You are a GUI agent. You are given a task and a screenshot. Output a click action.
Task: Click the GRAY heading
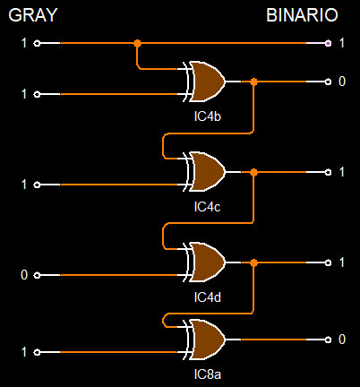click(x=33, y=15)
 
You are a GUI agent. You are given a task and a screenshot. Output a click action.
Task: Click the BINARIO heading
click(x=302, y=15)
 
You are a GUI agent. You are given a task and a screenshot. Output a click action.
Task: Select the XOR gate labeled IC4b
click(x=204, y=82)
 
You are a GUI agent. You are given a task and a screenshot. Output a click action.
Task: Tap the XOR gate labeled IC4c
click(x=204, y=172)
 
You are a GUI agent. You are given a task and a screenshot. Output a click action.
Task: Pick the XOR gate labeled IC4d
click(x=204, y=262)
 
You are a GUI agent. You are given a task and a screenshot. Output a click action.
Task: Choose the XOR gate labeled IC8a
click(x=204, y=340)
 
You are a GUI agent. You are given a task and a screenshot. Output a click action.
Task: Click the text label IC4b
click(x=208, y=116)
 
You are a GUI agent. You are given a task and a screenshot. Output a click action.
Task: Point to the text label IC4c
click(x=207, y=207)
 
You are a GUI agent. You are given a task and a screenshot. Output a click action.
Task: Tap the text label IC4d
click(x=208, y=297)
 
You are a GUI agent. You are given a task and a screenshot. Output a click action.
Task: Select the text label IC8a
click(x=208, y=374)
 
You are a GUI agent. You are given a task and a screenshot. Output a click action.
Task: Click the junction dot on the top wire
click(x=137, y=43)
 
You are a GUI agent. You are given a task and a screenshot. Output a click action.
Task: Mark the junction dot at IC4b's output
click(x=253, y=82)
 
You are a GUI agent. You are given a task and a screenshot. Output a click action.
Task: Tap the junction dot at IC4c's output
click(x=253, y=172)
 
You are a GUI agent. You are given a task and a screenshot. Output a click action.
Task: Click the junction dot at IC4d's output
click(x=253, y=262)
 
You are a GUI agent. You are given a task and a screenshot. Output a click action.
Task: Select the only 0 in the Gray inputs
click(x=24, y=275)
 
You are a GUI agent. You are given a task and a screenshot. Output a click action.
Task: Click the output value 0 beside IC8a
click(x=342, y=340)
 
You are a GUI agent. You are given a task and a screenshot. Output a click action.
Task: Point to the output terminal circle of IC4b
click(x=328, y=82)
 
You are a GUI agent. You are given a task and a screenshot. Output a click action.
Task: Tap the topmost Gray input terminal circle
click(x=37, y=43)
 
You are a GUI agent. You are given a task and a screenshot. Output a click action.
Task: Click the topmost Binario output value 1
click(x=342, y=43)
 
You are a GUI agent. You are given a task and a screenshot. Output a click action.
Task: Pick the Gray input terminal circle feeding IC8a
click(x=37, y=352)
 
